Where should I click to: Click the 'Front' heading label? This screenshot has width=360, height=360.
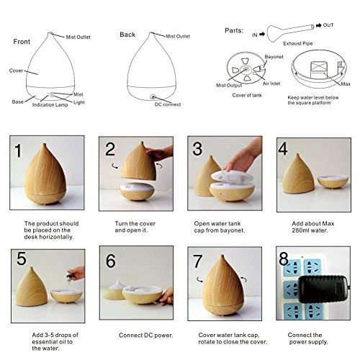coord(22,42)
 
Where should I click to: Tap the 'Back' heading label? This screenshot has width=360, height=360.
coord(127,35)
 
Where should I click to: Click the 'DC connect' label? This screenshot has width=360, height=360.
coord(168,104)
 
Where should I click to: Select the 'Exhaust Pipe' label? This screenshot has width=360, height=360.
coord(298,43)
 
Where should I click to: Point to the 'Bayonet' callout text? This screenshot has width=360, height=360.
coord(274,57)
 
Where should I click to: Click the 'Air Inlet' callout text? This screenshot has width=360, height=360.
coord(271,84)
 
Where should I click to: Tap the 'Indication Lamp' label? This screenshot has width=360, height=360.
coord(50,104)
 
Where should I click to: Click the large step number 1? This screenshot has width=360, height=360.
coord(18,150)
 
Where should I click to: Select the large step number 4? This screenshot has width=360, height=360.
coord(283,148)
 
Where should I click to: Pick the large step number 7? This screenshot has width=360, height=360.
coord(197,261)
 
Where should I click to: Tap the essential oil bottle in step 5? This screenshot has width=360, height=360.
coord(70,278)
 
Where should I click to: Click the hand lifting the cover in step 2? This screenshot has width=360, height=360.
coord(159,153)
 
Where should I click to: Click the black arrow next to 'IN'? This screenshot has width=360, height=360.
coord(262,35)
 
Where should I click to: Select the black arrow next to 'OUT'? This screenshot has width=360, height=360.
coord(319,25)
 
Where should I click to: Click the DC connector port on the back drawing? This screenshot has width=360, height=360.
coord(153,97)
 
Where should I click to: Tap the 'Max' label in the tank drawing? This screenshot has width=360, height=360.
coord(346,84)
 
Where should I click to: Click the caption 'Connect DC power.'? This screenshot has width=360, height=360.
coord(145,336)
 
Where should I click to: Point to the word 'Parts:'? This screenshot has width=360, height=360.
coord(234,30)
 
